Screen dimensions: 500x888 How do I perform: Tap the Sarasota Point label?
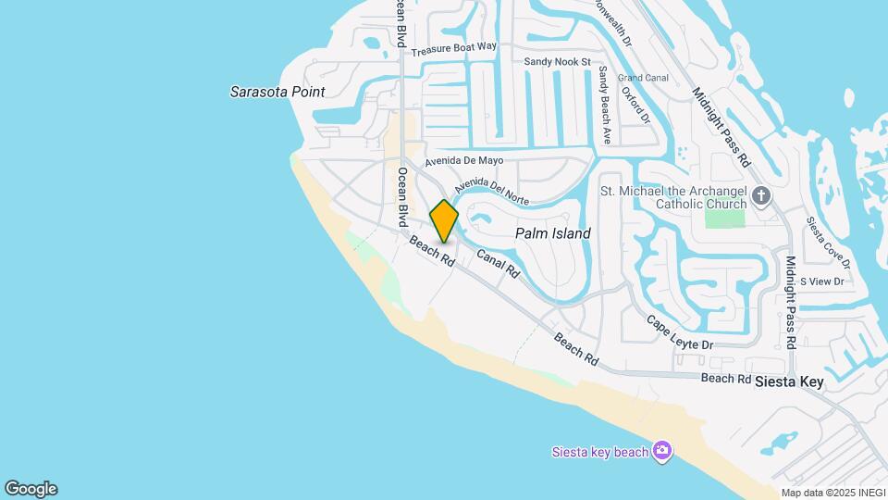[x=277, y=92]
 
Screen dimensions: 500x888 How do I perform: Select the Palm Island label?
[x=553, y=233]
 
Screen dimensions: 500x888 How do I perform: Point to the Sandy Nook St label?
[x=557, y=62]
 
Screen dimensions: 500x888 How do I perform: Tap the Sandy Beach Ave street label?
[x=605, y=105]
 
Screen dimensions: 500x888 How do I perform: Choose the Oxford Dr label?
[x=642, y=105]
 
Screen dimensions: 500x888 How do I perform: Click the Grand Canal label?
[x=643, y=78]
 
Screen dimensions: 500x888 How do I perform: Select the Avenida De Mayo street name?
[x=464, y=159]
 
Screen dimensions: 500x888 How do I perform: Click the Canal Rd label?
[x=498, y=264]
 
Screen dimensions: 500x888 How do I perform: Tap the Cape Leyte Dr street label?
[x=680, y=331]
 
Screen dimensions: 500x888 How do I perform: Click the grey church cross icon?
[x=761, y=195]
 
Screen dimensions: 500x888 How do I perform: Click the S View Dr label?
[x=822, y=281]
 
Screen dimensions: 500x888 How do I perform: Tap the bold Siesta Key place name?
[x=788, y=381]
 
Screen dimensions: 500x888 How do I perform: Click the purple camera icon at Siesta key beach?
[x=661, y=451]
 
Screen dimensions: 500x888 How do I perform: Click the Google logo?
[x=31, y=489]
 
